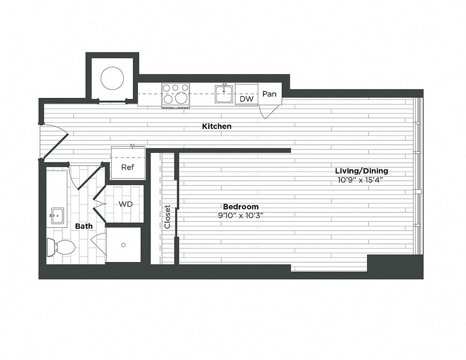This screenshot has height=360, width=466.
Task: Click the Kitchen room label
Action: click(217, 127)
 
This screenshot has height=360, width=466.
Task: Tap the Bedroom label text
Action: click(241, 207)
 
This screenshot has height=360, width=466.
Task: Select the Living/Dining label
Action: click(361, 171)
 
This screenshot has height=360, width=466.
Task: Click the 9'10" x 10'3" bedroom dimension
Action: click(241, 216)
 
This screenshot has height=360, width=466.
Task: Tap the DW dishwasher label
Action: click(247, 99)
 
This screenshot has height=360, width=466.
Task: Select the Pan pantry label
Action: click(270, 94)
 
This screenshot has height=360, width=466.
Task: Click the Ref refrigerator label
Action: click(128, 167)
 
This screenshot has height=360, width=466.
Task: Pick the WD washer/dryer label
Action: click(126, 204)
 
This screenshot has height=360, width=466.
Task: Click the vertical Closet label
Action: click(167, 217)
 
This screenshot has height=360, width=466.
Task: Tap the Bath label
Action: click(84, 226)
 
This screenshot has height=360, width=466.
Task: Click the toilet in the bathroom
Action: click(61, 247)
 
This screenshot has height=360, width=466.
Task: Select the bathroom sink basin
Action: click(57, 215)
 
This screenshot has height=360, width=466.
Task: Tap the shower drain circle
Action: click(124, 245)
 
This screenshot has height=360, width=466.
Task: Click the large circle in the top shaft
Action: click(112, 79)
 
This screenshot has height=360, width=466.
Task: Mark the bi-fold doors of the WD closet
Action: click(99, 204)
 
